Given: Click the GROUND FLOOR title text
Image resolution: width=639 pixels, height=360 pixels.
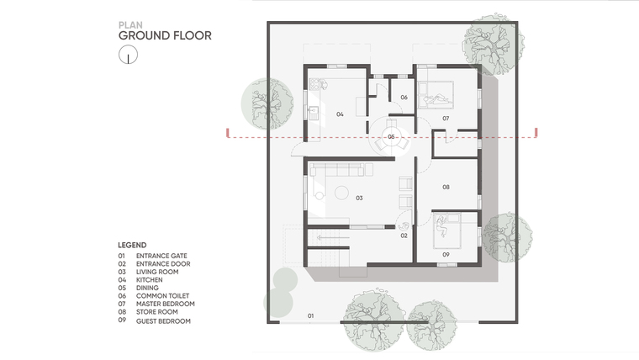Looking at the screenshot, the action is pyautogui.click(x=165, y=36).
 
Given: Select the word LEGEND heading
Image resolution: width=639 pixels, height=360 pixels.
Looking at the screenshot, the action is pyautogui.click(x=132, y=245).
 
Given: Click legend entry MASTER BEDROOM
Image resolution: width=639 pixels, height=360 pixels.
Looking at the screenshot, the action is pyautogui.click(x=165, y=304).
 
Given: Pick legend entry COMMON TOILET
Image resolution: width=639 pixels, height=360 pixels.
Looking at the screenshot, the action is pyautogui.click(x=162, y=296).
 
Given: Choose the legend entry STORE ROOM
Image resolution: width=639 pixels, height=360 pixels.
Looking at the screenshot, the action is pyautogui.click(x=157, y=312).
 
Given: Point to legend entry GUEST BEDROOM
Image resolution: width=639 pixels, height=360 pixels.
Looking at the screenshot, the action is pyautogui.click(x=163, y=321).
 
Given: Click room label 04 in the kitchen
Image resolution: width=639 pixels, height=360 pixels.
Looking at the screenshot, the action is pyautogui.click(x=340, y=114).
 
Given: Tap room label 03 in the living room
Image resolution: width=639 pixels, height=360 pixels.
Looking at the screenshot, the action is pyautogui.click(x=359, y=199).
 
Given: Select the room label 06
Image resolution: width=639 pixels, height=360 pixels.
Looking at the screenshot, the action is pyautogui.click(x=404, y=98).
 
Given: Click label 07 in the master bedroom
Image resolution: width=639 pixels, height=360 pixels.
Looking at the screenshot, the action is pyautogui.click(x=446, y=119).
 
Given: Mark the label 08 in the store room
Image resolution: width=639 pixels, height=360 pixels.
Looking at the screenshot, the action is pyautogui.click(x=446, y=187).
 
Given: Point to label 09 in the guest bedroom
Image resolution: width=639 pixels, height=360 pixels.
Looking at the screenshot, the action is pyautogui.click(x=446, y=255).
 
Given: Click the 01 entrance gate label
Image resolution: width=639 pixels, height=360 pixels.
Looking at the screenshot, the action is pyautogui.click(x=310, y=316).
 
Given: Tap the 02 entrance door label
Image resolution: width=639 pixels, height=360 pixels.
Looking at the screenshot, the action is pyautogui.click(x=404, y=236).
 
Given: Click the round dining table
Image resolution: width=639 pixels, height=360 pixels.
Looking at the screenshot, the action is pyautogui.click(x=391, y=137).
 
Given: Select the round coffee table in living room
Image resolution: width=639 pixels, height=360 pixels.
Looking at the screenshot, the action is pyautogui.click(x=341, y=193).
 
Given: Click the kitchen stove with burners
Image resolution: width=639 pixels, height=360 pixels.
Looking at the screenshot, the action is pyautogui.click(x=315, y=84).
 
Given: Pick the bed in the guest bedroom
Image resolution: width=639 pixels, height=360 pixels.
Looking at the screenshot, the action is pyautogui.click(x=447, y=230).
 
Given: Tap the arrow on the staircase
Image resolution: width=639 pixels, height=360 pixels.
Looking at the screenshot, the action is pyautogui.click(x=333, y=237).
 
